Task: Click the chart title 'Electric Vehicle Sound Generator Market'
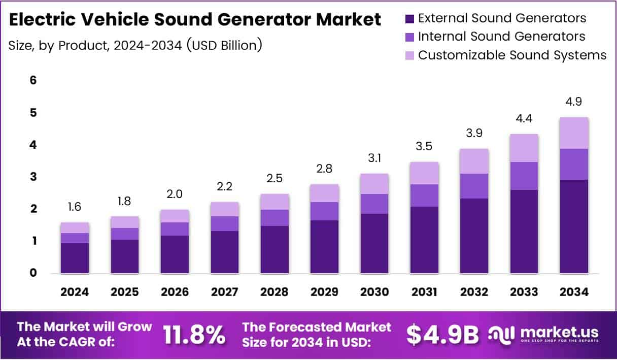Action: coord(195,20)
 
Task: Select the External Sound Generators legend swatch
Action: coord(410,19)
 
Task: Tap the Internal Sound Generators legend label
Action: coord(501,37)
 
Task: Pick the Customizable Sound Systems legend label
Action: coord(512,55)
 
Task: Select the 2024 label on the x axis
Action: coord(75,292)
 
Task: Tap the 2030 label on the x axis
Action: coord(374,292)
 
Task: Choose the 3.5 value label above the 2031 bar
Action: coord(425,146)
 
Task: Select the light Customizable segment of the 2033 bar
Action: coord(524,148)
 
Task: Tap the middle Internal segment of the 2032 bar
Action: coord(474,186)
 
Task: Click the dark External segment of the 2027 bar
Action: coord(225,252)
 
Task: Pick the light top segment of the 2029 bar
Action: coord(325,193)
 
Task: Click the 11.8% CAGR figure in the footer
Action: coord(194,334)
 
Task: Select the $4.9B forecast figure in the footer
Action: coord(443,334)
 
